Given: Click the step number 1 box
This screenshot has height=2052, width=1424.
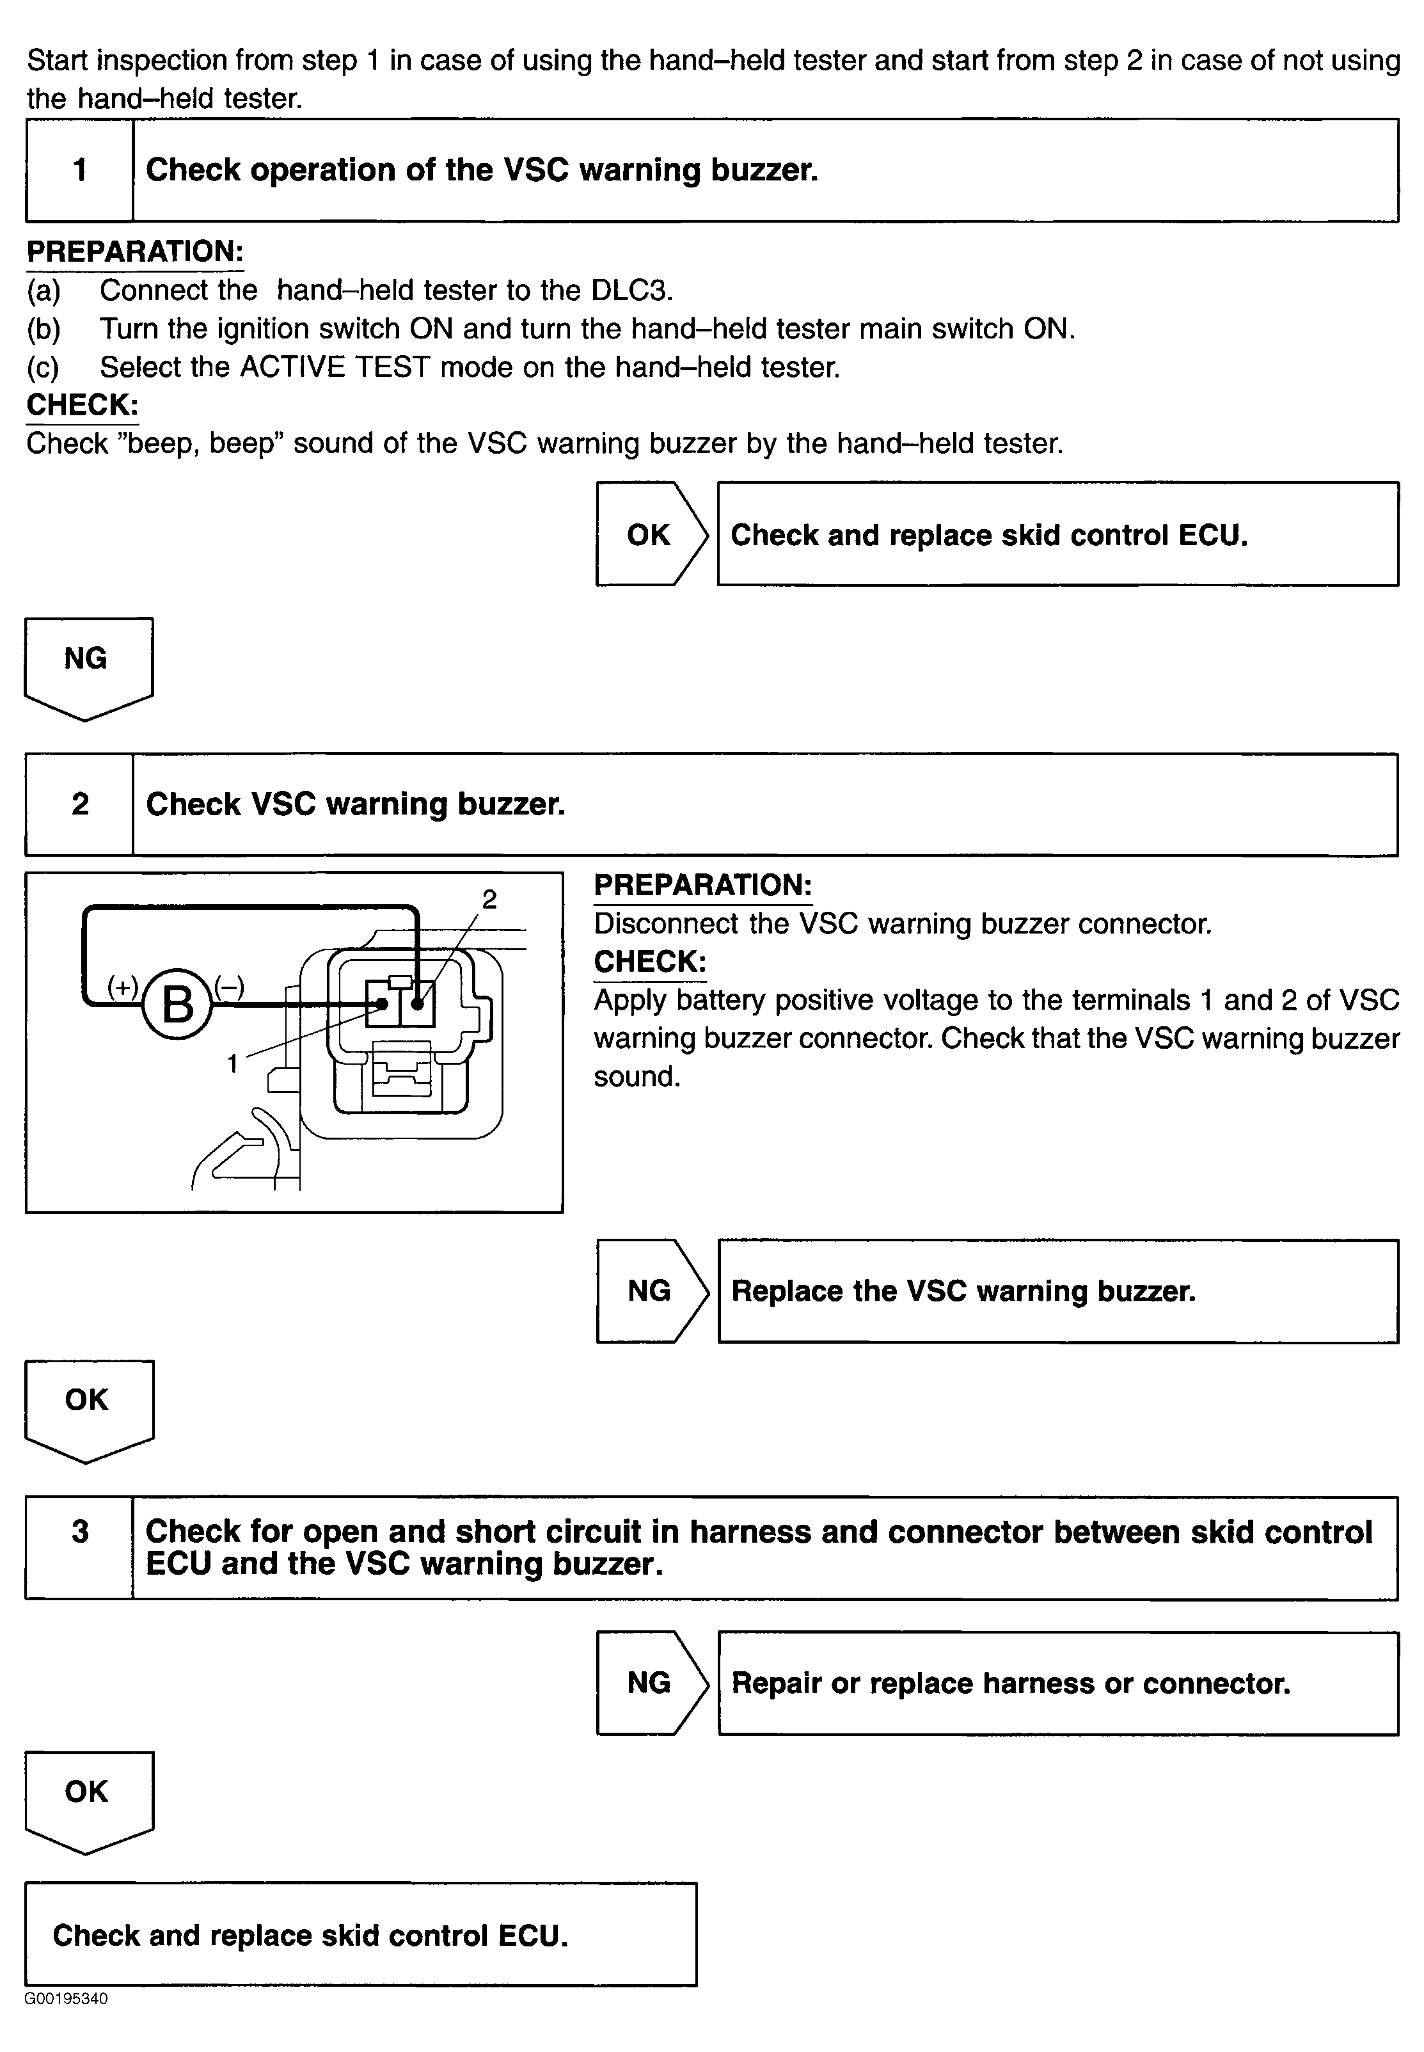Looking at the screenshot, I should [x=79, y=170].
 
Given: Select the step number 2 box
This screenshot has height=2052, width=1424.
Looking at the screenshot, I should [x=79, y=804].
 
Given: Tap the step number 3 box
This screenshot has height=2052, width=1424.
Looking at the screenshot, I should [x=79, y=1532].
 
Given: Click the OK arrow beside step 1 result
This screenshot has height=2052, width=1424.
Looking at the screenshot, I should [x=651, y=534].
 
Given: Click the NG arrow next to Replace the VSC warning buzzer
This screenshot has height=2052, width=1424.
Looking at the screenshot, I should [x=651, y=1291].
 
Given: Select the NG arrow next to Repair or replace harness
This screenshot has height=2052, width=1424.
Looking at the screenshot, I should [x=651, y=1683].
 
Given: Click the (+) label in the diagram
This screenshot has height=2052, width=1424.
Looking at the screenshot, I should [x=122, y=986].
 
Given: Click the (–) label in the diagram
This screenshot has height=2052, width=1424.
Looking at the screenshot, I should [x=228, y=986].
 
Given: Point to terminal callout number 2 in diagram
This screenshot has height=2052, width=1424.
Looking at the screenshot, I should [x=489, y=900].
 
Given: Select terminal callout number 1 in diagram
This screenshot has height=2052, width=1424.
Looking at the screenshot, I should [x=233, y=1063].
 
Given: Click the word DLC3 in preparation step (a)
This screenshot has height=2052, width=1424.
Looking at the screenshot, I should [x=631, y=290].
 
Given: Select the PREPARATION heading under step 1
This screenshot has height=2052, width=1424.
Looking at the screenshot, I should [x=135, y=251].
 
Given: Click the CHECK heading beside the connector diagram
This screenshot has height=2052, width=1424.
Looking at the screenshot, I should [x=649, y=962].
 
